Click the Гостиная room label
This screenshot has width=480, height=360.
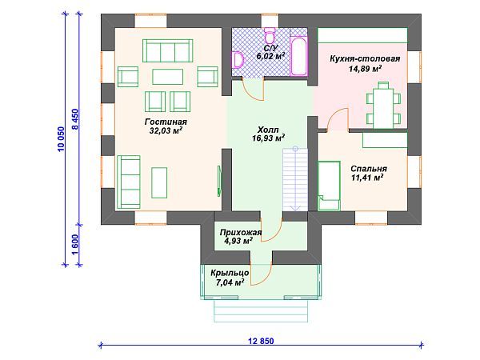(166, 122)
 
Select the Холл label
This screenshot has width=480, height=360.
(268, 130)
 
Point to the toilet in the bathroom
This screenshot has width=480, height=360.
(270, 36)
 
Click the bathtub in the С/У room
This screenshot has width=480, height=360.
(298, 56)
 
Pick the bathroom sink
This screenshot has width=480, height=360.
(238, 60)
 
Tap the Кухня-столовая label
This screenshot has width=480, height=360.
(365, 58)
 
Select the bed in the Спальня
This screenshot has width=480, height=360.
(329, 186)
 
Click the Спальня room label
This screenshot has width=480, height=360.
(369, 169)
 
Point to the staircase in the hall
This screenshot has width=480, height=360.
(295, 180)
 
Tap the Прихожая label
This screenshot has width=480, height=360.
(241, 233)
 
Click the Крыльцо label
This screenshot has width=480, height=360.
(230, 273)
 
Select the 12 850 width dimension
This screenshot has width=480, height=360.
(261, 341)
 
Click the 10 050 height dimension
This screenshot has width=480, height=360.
(61, 139)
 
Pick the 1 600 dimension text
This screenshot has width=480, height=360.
(75, 245)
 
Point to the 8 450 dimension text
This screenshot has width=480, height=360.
(75, 119)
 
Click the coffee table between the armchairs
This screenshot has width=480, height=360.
(168, 77)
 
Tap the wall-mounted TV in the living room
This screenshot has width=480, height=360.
(219, 181)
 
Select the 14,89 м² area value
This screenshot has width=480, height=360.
(365, 68)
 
